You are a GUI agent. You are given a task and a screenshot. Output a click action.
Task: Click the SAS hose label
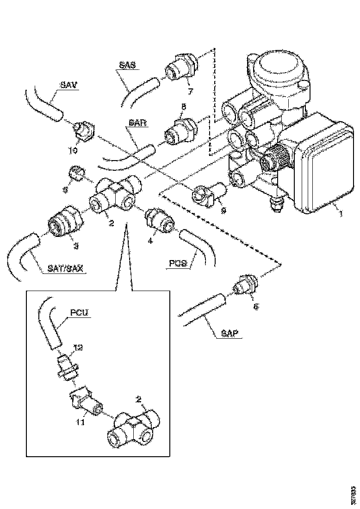(127, 66)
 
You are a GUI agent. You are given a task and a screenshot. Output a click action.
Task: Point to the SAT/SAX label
(65, 269)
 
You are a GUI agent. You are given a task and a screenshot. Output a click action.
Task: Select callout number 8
(183, 107)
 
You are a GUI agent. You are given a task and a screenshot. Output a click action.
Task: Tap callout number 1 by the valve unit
(341, 215)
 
